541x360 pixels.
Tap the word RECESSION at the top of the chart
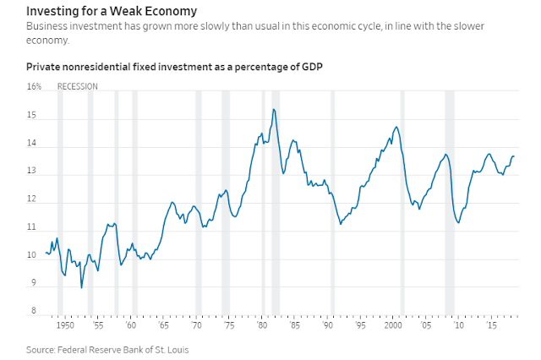click(x=77, y=86)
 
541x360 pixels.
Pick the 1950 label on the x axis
click(x=63, y=325)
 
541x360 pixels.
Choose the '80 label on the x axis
click(x=263, y=325)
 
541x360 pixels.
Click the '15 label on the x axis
click(x=490, y=325)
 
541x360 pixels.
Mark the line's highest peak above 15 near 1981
click(x=273, y=109)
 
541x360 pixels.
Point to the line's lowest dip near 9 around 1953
click(x=82, y=287)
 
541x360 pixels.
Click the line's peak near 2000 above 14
click(x=396, y=127)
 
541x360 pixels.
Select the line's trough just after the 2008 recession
click(x=458, y=223)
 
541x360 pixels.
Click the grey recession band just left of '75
click(x=226, y=203)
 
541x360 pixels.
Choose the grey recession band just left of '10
click(x=450, y=203)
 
